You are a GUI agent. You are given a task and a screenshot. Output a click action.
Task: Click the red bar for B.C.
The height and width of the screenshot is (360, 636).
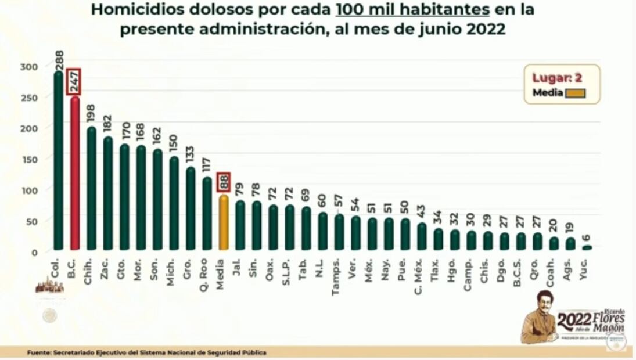coord(74,174)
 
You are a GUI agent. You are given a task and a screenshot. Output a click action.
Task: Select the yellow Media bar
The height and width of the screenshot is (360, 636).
coord(224,224)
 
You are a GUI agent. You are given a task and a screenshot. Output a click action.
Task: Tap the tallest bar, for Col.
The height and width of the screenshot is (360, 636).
coord(58,163)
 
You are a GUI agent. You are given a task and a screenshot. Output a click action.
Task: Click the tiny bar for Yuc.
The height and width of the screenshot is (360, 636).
coord(587,248)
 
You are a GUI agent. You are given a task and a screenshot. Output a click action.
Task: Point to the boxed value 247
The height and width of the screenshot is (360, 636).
coord(74,82)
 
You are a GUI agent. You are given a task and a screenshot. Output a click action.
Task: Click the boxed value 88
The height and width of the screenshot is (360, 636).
coord(224,182)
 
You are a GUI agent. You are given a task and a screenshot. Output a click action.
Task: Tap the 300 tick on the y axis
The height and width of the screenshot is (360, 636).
coord(30,66)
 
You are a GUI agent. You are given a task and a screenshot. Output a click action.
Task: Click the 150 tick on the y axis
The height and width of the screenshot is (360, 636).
coord(30,159)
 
